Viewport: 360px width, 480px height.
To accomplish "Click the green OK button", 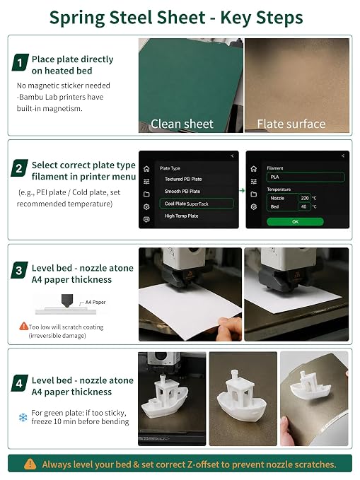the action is click(x=295, y=222).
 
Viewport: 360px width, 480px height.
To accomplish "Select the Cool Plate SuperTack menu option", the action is click(x=197, y=204).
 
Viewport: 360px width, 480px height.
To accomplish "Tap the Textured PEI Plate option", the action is click(x=183, y=179).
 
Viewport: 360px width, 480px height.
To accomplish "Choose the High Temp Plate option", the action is click(x=181, y=216).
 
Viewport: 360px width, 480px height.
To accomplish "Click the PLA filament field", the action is click(x=306, y=177).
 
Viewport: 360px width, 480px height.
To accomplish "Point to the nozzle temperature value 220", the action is click(x=305, y=198).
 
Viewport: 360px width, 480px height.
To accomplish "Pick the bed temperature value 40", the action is click(x=303, y=206).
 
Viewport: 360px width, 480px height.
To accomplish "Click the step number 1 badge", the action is click(x=20, y=62).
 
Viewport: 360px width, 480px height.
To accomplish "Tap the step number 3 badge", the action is click(x=19, y=270).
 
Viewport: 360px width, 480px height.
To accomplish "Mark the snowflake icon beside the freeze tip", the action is click(x=23, y=417).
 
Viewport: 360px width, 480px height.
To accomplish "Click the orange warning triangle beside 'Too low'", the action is click(x=23, y=326).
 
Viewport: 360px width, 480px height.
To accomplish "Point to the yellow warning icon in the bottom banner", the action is click(x=30, y=464).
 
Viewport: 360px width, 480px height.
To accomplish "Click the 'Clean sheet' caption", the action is click(x=182, y=124).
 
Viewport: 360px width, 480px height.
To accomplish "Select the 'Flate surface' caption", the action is click(x=291, y=124).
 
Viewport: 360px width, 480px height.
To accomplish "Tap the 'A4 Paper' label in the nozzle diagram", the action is click(x=95, y=302).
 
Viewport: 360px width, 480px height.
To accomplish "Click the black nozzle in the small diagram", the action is click(x=67, y=300).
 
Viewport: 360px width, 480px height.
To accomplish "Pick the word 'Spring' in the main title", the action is click(x=78, y=18).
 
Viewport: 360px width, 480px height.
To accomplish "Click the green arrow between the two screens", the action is click(x=242, y=190).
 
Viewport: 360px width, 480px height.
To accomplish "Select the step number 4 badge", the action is click(x=19, y=383).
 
